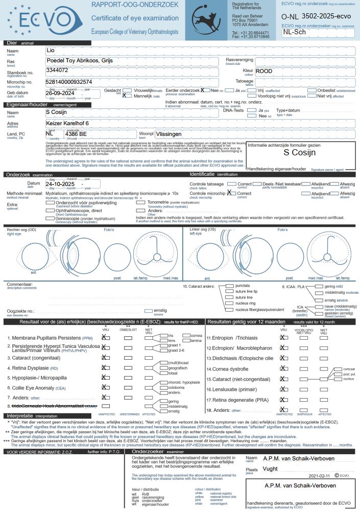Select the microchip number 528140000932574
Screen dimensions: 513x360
point(69,82)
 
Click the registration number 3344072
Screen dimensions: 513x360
point(57,70)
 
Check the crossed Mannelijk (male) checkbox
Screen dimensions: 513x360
point(125,96)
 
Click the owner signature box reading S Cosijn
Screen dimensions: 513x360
point(294,153)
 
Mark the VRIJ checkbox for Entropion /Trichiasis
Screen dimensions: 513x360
point(283,338)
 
